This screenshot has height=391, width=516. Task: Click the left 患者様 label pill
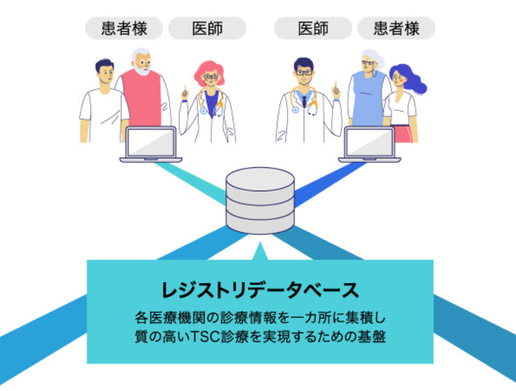(124, 28)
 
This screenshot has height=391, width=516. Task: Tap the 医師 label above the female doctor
(207, 28)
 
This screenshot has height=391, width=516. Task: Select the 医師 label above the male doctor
(313, 28)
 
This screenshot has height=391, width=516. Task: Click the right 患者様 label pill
(396, 28)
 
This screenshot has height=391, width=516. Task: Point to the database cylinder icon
(260, 200)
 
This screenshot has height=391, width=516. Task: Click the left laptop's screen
(151, 142)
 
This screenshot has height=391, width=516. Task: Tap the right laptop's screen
(370, 142)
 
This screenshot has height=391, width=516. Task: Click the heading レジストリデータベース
(260, 290)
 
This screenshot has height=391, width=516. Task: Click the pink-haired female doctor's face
(210, 78)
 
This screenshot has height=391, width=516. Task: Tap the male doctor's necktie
(304, 101)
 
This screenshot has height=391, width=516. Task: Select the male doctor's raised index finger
(336, 86)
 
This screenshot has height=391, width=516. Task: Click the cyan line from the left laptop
(191, 183)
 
